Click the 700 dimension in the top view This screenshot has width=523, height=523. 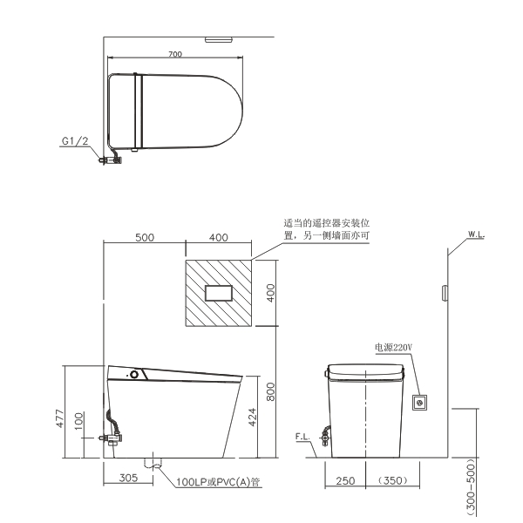pyautogui.click(x=175, y=54)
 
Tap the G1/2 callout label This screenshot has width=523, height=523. pyautogui.click(x=75, y=141)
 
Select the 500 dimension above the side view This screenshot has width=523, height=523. pyautogui.click(x=145, y=237)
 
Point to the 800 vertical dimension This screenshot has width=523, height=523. pyautogui.click(x=270, y=391)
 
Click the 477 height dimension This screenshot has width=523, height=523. pyautogui.click(x=59, y=418)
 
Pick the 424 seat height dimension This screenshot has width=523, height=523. pyautogui.click(x=253, y=417)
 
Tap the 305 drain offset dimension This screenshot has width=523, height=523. pyautogui.click(x=128, y=478)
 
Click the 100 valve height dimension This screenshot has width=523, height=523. pyautogui.click(x=78, y=421)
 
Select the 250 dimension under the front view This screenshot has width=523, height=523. pyautogui.click(x=345, y=480)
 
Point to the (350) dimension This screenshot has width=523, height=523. pyautogui.click(x=393, y=480)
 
